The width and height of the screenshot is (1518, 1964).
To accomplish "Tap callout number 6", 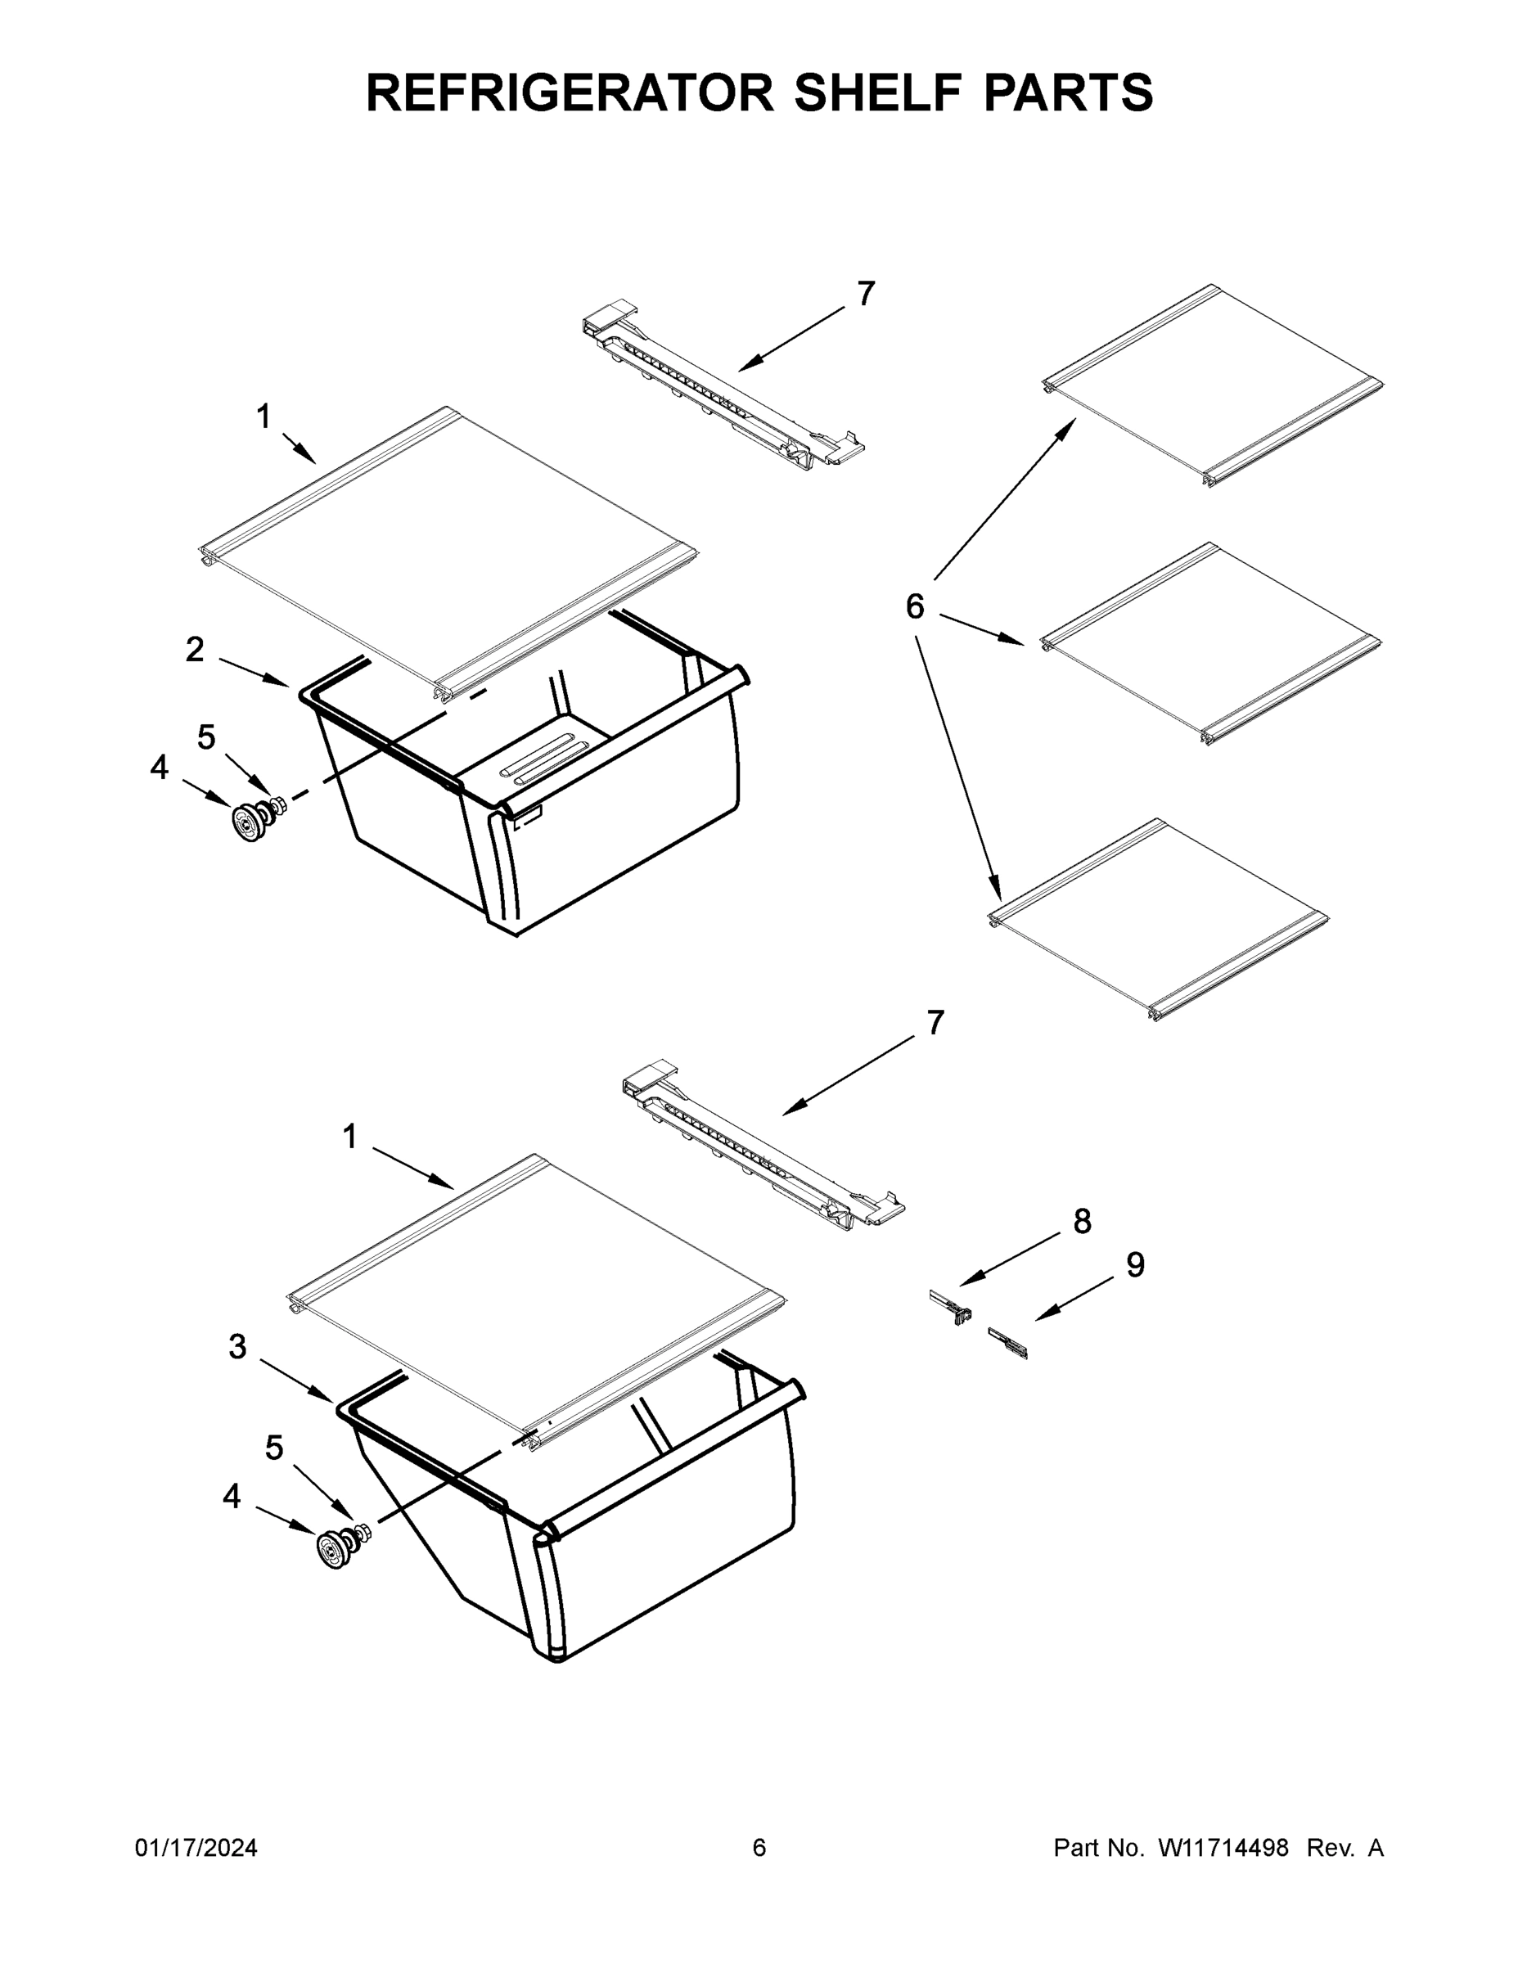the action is (914, 607).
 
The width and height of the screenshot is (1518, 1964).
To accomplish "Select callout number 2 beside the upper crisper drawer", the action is (194, 649).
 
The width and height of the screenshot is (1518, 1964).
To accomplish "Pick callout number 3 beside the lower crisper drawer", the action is (236, 1346).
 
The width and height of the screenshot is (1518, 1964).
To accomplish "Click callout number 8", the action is (1082, 1221).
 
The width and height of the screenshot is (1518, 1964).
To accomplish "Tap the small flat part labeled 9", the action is (1007, 1343).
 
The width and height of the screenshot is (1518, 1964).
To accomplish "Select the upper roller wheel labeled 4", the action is (246, 822).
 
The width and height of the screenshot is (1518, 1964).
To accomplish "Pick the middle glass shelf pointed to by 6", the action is (1210, 643).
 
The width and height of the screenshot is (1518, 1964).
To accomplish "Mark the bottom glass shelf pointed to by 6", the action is (1158, 920).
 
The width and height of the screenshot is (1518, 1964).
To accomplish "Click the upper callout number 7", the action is (865, 293).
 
